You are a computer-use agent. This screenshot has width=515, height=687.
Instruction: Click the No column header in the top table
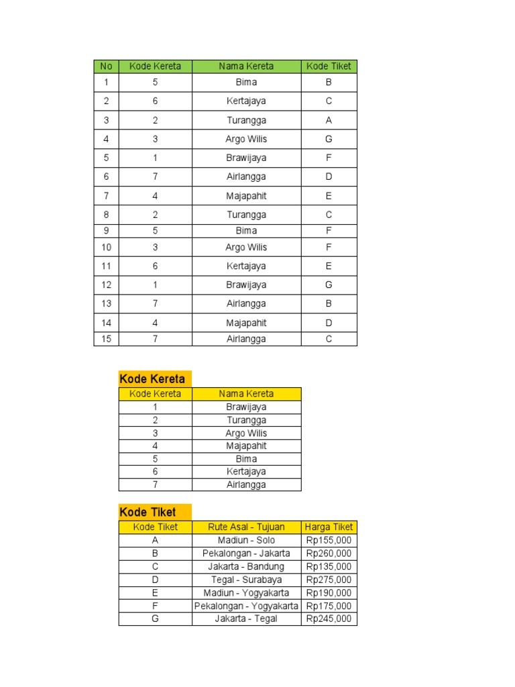coord(106,66)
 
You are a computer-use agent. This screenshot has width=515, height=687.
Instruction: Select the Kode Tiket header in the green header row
coord(329,66)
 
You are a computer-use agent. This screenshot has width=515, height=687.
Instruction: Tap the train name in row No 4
coord(246,139)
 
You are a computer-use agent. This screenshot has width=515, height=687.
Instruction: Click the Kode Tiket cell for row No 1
coord(329,83)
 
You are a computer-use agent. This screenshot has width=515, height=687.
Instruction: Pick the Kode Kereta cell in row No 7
coord(155,196)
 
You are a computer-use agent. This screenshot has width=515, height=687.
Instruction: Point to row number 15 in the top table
coord(106,339)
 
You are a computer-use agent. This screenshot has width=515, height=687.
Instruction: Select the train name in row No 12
coord(246,284)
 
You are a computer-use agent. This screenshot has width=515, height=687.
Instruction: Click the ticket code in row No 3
coord(329,120)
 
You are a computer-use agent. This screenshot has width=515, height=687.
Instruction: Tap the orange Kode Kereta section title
coord(152,378)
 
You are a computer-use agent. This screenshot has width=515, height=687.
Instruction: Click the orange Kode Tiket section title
coord(148,512)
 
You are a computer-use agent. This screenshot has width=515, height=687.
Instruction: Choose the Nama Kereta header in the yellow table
coord(246,394)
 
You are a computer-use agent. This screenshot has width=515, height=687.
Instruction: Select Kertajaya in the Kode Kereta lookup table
coord(246,472)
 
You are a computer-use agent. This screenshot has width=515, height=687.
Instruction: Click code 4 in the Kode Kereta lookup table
coord(155,445)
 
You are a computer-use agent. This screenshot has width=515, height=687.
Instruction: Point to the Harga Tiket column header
coord(329,527)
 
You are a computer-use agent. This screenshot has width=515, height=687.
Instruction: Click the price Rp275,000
coord(329,580)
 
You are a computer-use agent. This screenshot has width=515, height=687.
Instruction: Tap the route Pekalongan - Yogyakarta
coord(246,606)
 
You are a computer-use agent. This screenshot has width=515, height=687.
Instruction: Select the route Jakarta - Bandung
coord(246,566)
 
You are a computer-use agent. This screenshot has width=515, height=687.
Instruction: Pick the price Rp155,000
coord(329,540)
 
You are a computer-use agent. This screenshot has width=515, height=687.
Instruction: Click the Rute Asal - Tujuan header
coord(246,527)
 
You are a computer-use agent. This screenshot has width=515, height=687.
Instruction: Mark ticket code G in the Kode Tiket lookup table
coord(155,619)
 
